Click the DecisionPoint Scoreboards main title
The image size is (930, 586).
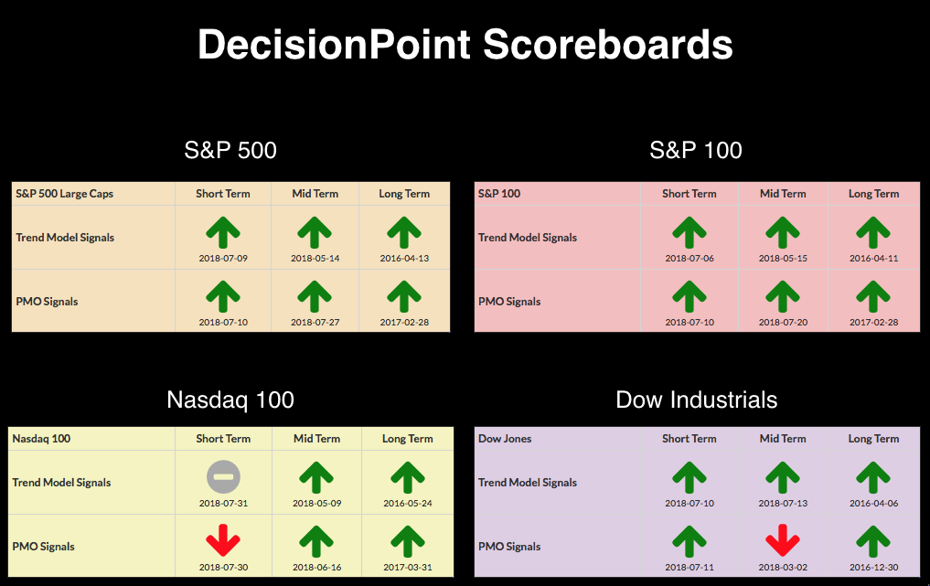point(465,45)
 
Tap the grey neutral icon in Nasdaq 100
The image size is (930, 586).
point(224,477)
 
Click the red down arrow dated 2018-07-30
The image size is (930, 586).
point(223,540)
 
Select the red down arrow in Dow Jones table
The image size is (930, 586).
point(783,540)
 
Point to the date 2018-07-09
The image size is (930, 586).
point(223,258)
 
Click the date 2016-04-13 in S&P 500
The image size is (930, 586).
point(404,258)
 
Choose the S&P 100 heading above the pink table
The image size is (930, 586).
point(696,150)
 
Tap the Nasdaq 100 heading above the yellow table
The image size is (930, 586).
point(230,400)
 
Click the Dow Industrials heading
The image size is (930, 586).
point(696,400)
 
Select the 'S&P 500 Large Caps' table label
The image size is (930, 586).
point(64,194)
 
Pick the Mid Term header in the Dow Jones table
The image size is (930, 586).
point(783,438)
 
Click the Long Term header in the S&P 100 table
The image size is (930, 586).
point(873,194)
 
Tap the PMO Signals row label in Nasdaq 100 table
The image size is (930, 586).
point(43,547)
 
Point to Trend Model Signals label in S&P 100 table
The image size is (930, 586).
point(528,238)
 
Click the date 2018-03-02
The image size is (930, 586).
point(783,567)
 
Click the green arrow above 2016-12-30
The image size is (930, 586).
point(873,541)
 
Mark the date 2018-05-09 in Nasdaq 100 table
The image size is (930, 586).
point(316,503)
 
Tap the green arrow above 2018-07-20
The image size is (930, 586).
point(783,296)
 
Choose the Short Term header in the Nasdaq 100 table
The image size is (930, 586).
point(223,438)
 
